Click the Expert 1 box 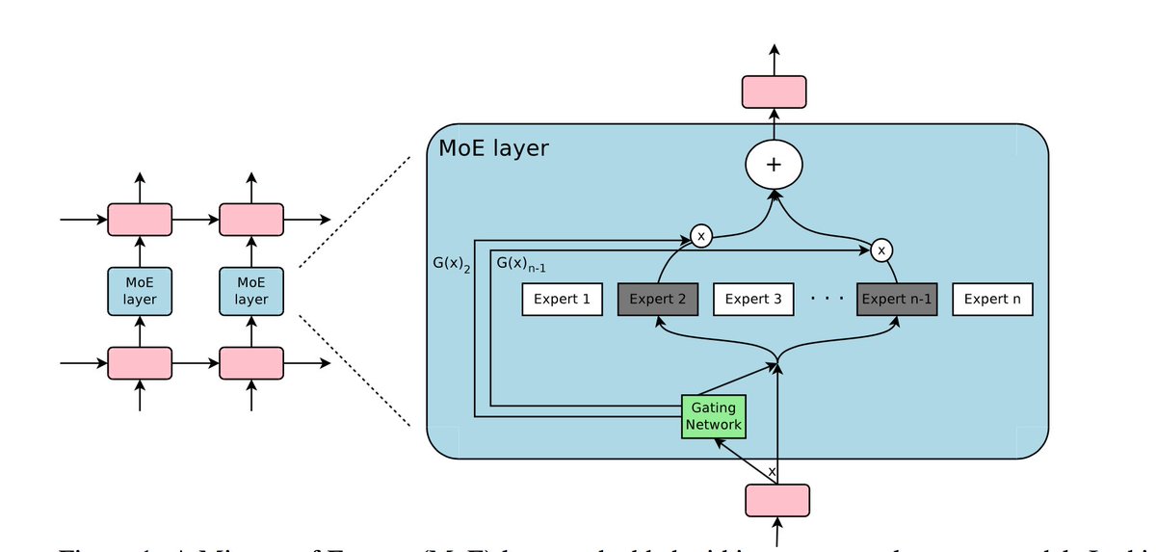(x=562, y=300)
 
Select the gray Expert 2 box (x=658, y=300)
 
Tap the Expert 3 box (x=753, y=300)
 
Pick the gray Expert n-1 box (x=897, y=300)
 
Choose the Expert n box (x=992, y=300)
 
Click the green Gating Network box (x=714, y=416)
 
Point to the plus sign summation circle (x=774, y=165)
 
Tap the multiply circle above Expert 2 (x=701, y=236)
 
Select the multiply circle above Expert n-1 (x=881, y=250)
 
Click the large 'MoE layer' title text (x=493, y=148)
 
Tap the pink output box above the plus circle (x=774, y=92)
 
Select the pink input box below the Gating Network (x=777, y=500)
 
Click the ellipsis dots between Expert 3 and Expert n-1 (x=827, y=300)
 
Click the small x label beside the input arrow (x=771, y=471)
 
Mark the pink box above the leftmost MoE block (x=140, y=220)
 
